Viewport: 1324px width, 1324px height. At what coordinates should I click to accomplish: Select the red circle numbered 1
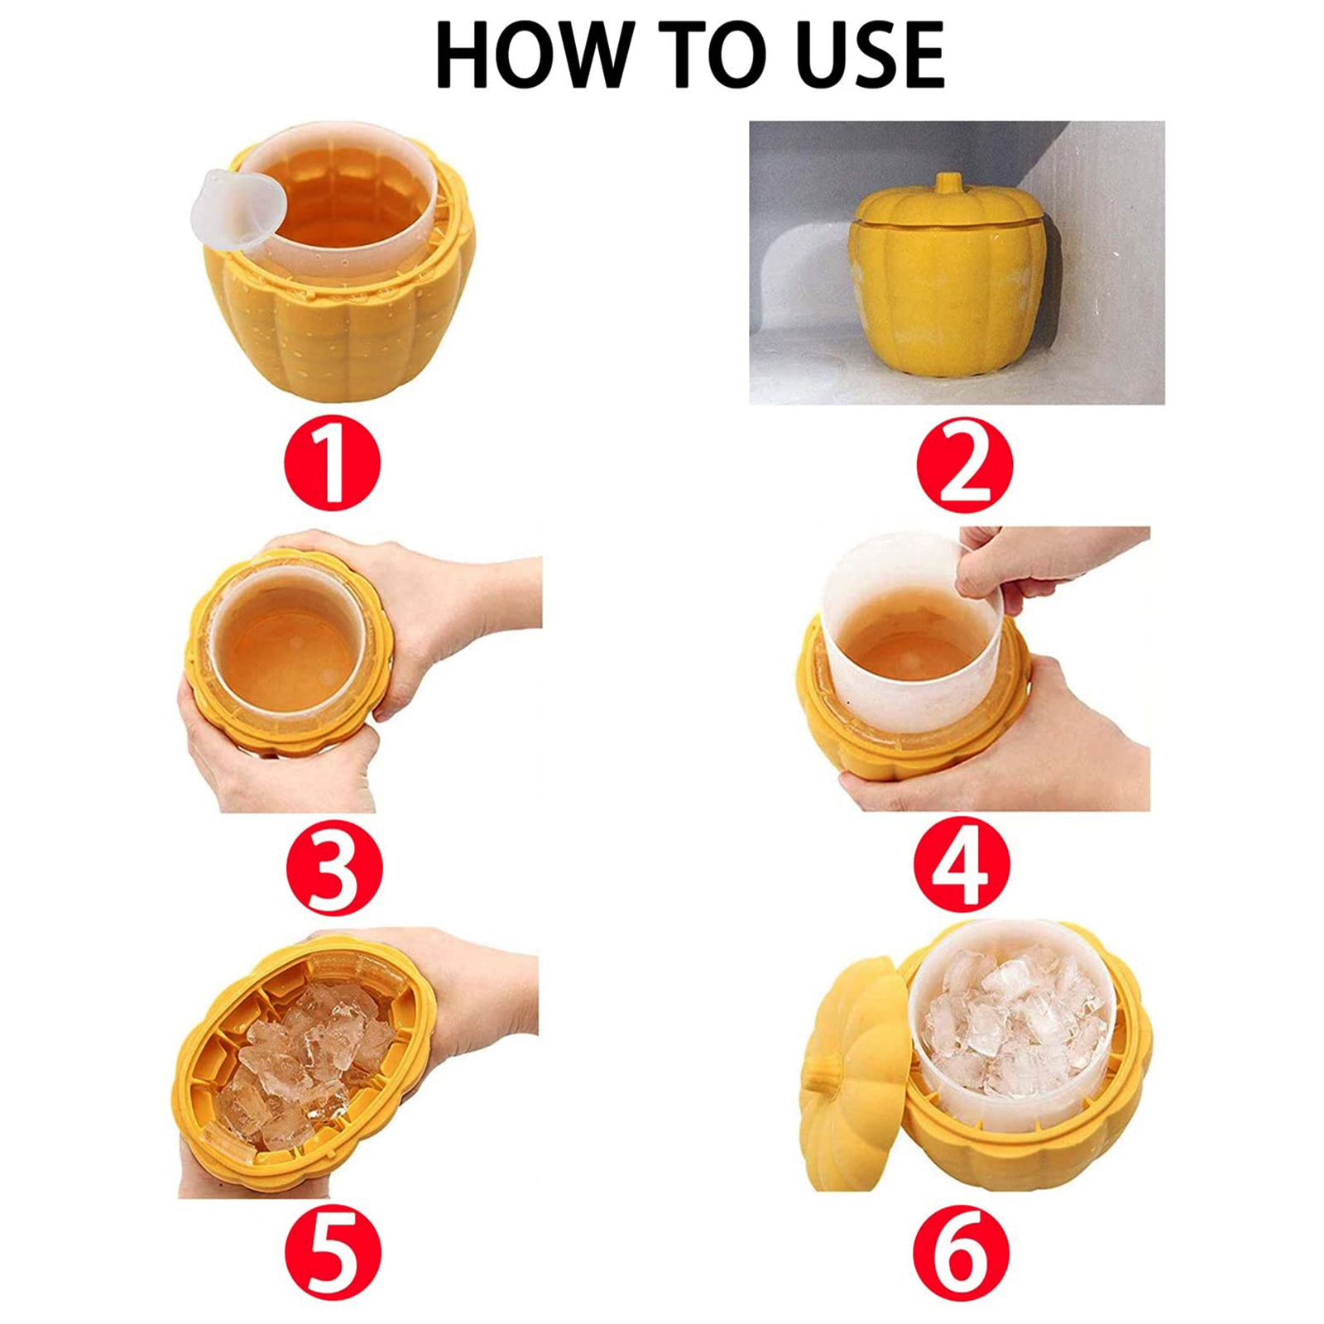click(331, 463)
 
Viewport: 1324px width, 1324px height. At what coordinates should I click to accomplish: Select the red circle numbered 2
click(964, 463)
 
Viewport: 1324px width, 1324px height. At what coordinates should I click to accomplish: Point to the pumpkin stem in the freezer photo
click(953, 184)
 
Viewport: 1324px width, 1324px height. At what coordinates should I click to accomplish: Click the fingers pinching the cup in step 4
click(981, 571)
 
